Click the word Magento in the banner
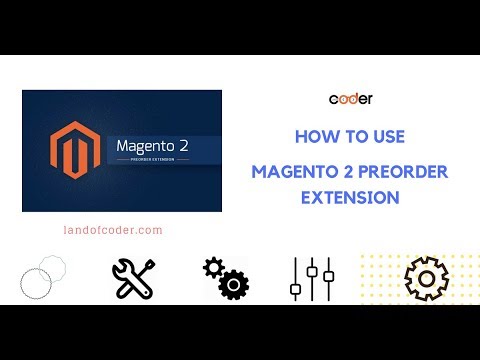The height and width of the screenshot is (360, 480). coord(142,144)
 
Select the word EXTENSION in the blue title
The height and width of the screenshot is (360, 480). coord(350,197)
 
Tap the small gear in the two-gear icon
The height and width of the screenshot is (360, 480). coord(211,267)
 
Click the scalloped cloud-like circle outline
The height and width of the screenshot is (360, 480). coord(50,268)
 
